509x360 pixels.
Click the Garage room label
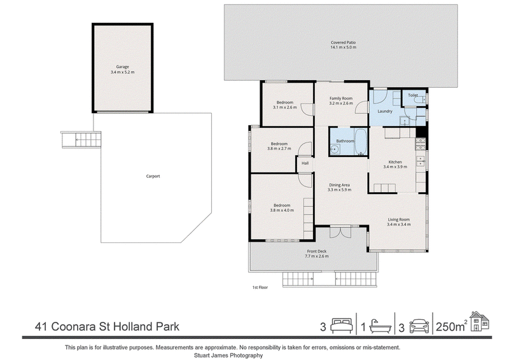click(123, 67)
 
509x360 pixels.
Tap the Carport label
click(153, 176)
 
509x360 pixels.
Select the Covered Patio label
click(344, 43)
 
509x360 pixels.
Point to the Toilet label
click(413, 95)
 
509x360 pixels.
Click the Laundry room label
click(385, 111)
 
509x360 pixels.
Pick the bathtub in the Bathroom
click(360, 142)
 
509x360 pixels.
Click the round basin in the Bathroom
click(335, 149)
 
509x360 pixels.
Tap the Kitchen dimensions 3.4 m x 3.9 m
click(395, 167)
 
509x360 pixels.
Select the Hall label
click(305, 163)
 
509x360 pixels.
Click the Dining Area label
click(340, 185)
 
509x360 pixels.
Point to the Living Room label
click(399, 219)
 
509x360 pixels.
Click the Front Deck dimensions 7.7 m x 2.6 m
click(316, 256)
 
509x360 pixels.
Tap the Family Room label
click(341, 99)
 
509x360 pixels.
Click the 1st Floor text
click(260, 287)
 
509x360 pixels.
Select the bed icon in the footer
click(342, 325)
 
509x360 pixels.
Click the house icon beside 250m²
click(479, 321)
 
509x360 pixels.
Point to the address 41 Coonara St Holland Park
click(107, 326)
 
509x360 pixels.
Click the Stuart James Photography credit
click(228, 356)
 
